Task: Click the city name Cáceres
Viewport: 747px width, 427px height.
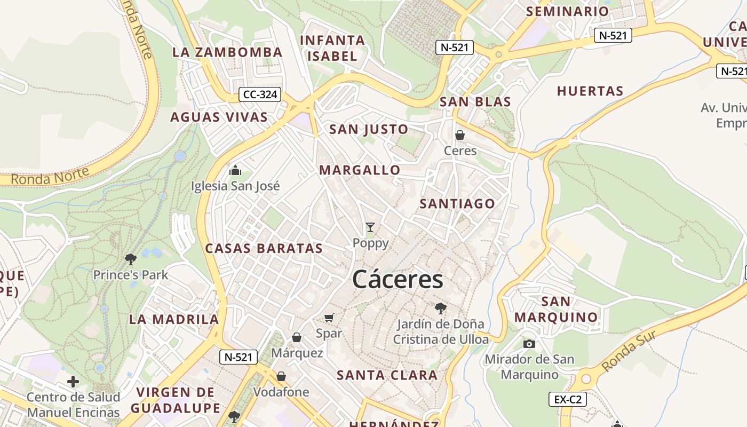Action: (398, 279)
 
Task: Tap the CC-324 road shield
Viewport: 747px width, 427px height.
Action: (260, 95)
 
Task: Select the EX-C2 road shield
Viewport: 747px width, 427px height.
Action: (568, 399)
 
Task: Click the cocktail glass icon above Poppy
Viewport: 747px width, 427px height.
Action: (370, 227)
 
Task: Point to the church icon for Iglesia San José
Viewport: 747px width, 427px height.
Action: (235, 171)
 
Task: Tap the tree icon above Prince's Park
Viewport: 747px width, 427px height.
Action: (130, 259)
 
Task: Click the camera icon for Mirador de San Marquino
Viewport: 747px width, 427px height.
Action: (529, 344)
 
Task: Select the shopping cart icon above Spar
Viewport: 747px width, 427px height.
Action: (329, 318)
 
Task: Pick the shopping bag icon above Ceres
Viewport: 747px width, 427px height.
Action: (460, 135)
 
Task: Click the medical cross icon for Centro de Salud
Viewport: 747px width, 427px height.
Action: (73, 382)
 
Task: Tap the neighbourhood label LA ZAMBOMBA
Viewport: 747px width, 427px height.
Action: (227, 52)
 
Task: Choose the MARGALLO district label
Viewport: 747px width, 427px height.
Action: (360, 170)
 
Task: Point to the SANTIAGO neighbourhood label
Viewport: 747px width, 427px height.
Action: (457, 203)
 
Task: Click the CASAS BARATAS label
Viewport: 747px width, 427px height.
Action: (264, 248)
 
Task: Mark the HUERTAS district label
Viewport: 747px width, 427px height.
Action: (590, 91)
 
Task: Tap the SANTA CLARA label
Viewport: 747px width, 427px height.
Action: (387, 375)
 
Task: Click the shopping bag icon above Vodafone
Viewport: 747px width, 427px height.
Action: (281, 376)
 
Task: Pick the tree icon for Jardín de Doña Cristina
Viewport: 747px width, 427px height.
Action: (440, 308)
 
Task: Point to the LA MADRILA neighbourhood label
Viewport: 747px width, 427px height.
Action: (174, 320)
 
